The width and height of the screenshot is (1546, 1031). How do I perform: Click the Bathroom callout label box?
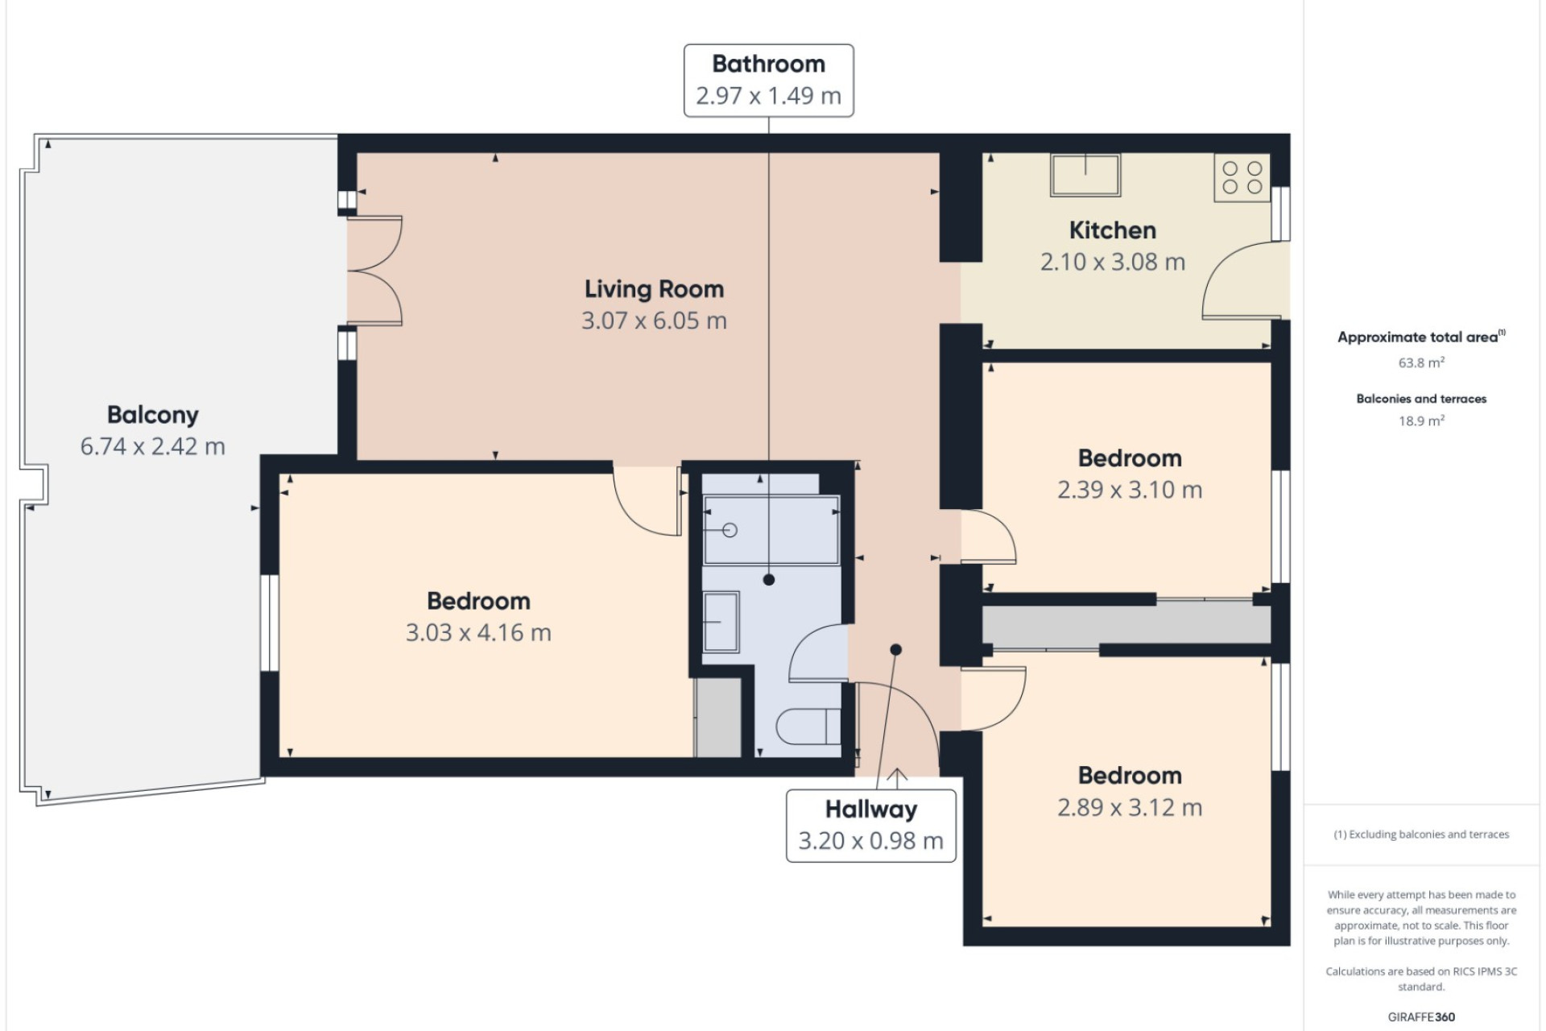[x=768, y=81]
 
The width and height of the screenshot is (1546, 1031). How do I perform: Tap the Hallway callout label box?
[x=870, y=826]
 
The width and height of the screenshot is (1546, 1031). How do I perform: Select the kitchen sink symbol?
[x=1085, y=175]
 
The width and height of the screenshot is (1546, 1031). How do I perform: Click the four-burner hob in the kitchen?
[x=1242, y=178]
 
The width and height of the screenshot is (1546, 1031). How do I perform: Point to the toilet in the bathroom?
[x=808, y=727]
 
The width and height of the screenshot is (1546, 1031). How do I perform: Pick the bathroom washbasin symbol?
[x=721, y=621]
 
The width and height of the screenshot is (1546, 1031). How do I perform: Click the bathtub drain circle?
[x=730, y=530]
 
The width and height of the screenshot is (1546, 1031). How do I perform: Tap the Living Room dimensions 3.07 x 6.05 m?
[x=654, y=321]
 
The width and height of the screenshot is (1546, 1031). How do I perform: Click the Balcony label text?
[x=152, y=415]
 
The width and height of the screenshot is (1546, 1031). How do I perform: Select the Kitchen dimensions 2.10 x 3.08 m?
[x=1112, y=262]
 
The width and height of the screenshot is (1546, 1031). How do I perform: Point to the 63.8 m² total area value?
[x=1421, y=362]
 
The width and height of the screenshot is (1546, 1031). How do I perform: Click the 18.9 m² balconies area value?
[x=1421, y=420]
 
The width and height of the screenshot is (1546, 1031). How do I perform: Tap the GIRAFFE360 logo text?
[x=1421, y=1017]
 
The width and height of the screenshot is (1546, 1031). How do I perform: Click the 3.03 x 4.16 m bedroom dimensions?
[x=478, y=632]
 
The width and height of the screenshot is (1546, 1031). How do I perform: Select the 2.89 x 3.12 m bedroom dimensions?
[x=1130, y=807]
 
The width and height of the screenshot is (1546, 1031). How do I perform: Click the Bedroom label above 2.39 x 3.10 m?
[x=1130, y=458]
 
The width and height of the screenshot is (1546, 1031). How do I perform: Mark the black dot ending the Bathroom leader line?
[x=769, y=579]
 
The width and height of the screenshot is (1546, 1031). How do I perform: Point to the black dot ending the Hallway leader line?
[x=895, y=649]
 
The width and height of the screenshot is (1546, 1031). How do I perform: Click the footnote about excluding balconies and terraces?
[x=1421, y=834]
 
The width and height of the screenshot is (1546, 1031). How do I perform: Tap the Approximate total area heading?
[x=1421, y=337]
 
